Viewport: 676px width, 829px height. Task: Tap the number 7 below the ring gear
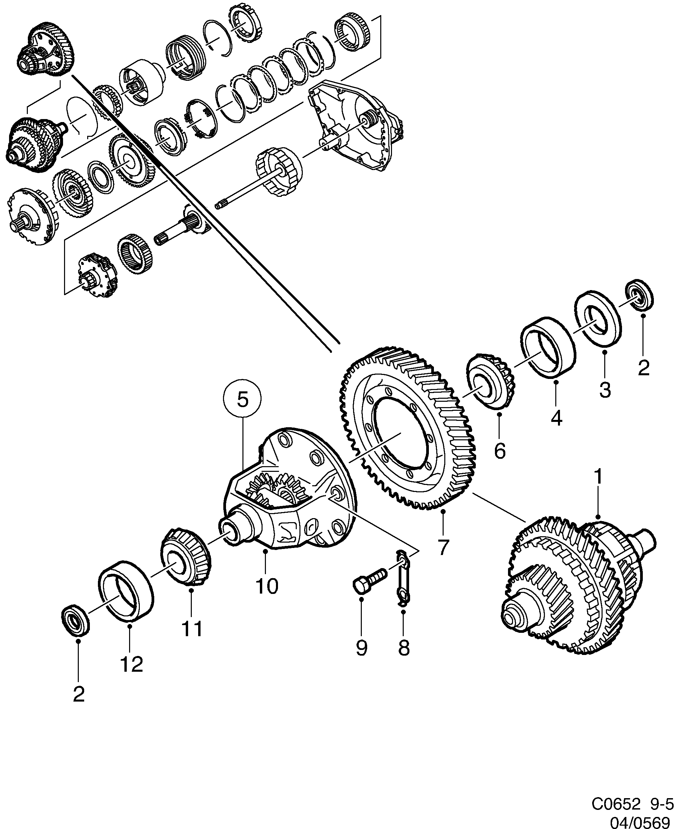443,547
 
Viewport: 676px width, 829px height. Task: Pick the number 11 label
192,629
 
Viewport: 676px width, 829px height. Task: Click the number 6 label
500,451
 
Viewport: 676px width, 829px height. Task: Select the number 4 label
556,418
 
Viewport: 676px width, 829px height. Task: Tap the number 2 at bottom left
79,694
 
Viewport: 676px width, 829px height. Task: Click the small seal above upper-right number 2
639,294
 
